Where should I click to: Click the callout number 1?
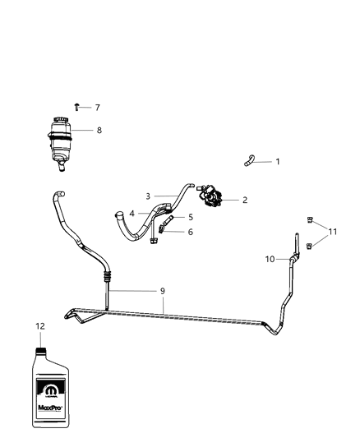277,162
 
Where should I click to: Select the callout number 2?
244,200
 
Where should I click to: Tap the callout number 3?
148,196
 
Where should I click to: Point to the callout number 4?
132,214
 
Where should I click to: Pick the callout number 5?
190,218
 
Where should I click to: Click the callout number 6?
190,233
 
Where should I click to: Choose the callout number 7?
97,108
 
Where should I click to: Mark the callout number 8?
99,130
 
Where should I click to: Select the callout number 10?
269,260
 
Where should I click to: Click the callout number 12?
39,326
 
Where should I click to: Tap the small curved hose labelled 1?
247,162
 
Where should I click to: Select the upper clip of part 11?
311,219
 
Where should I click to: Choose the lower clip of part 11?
311,245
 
